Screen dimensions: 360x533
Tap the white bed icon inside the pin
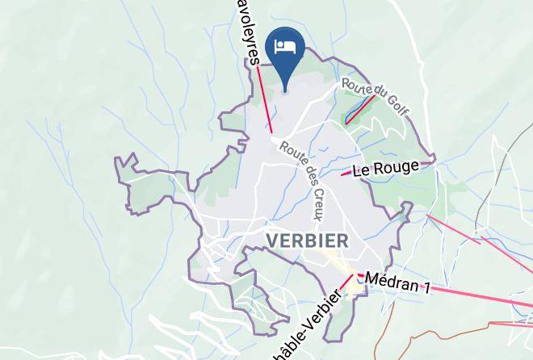285,46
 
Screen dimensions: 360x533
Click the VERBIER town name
307,241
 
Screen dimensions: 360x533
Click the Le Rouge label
386,169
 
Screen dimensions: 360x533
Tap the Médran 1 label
397,282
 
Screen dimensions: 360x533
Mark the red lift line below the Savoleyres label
265,101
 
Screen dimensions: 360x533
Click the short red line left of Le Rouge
346,174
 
